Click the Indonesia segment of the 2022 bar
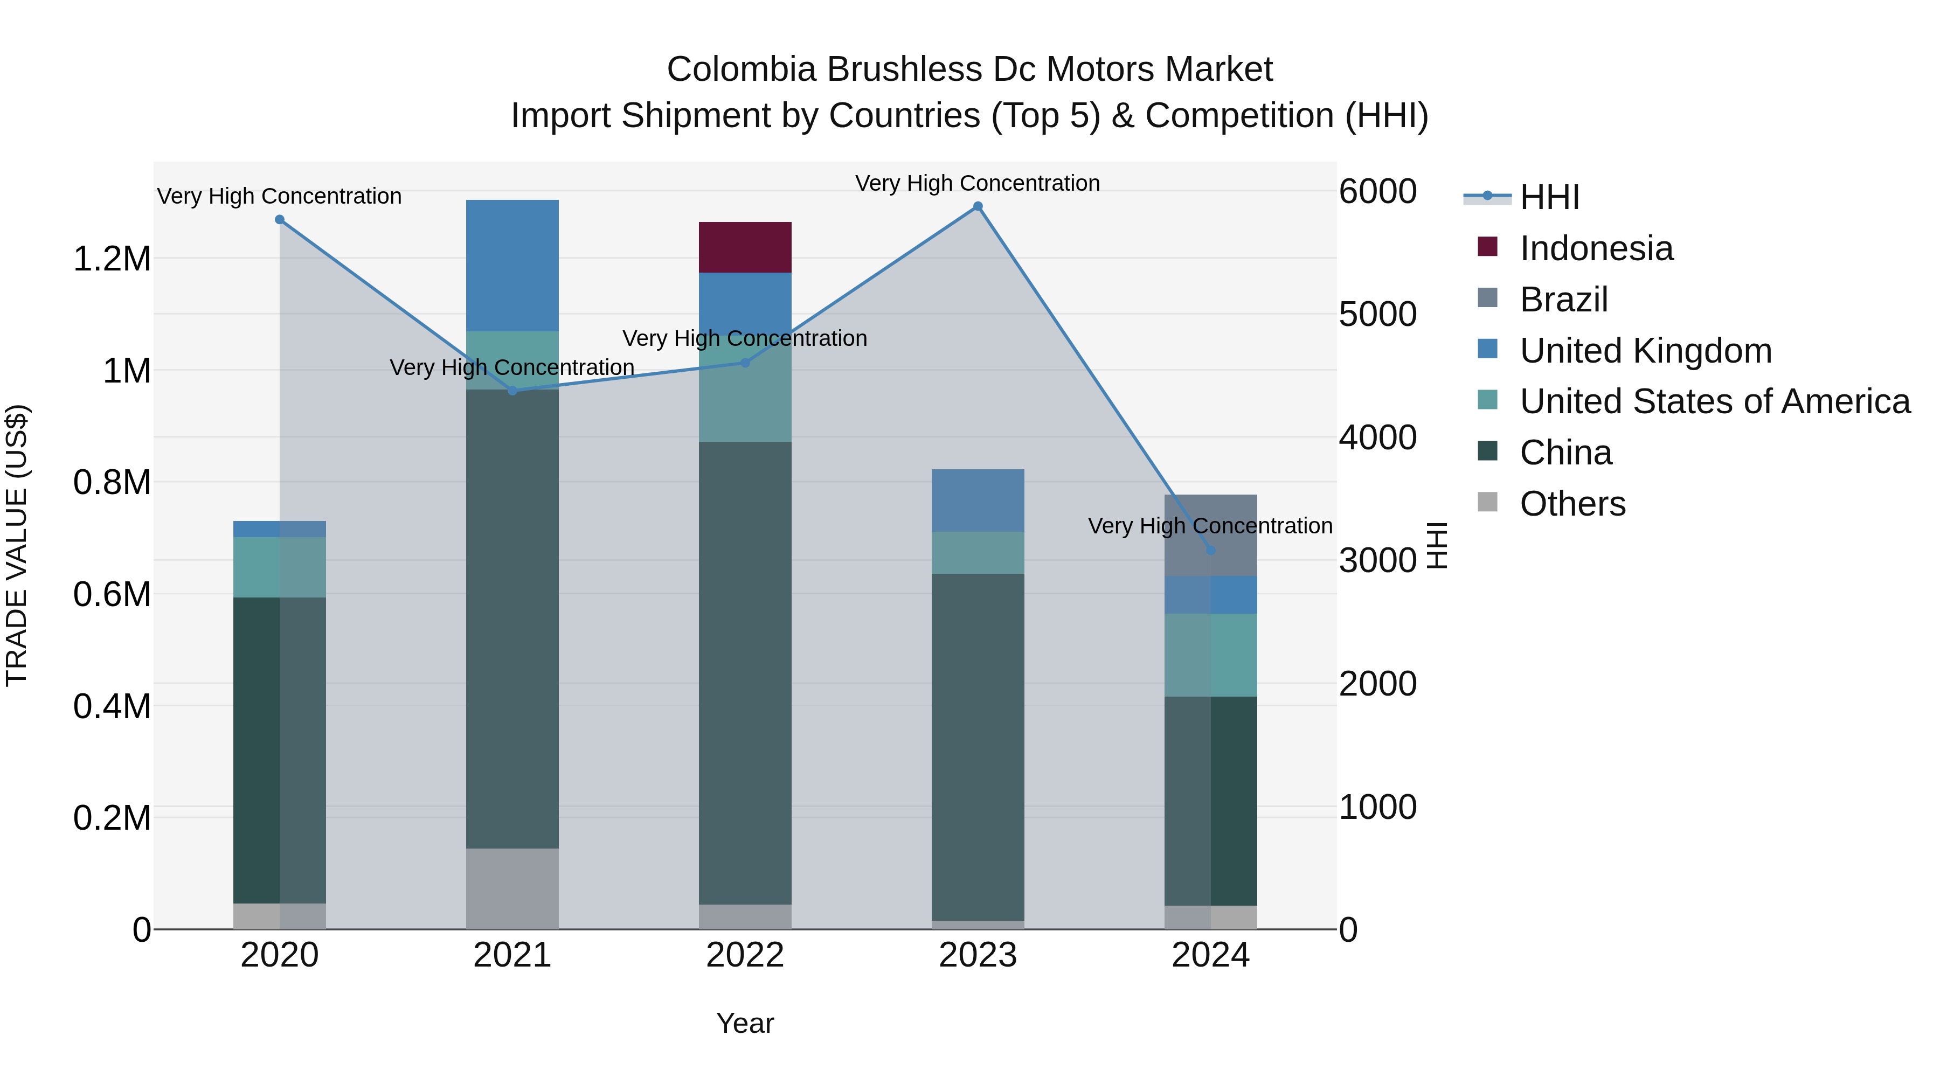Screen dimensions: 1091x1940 point(745,247)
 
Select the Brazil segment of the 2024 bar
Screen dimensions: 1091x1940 point(1210,534)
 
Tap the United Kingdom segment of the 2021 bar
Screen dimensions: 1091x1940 point(512,265)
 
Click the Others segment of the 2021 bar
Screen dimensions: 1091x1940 point(512,888)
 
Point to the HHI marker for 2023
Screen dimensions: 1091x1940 point(978,206)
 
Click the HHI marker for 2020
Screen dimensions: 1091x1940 point(279,220)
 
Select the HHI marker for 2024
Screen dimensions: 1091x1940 point(1210,551)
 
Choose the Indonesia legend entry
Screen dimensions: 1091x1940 point(1595,248)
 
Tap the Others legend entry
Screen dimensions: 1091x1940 point(1572,504)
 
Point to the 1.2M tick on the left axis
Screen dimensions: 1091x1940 point(112,259)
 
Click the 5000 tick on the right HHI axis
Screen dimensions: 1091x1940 point(1377,314)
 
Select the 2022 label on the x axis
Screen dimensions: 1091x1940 point(745,955)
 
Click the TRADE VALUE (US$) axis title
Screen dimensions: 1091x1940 point(17,545)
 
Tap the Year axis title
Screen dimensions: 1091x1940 point(745,1023)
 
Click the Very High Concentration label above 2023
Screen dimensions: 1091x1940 point(978,183)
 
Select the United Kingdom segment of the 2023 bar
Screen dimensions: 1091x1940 point(978,501)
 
